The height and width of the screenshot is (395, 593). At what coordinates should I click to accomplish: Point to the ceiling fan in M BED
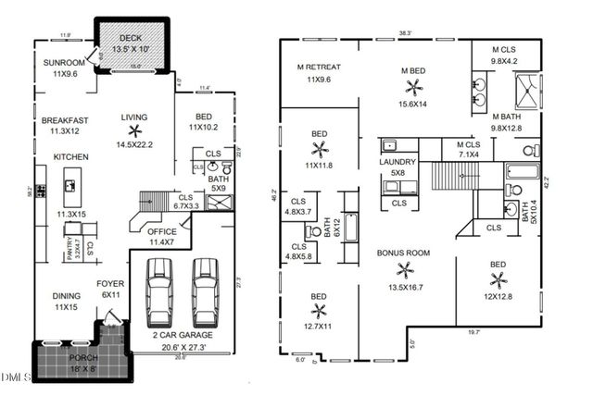(412, 87)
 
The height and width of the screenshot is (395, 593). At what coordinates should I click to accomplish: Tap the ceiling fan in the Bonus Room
(404, 270)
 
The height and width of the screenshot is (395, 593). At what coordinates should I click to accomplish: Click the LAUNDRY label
(398, 162)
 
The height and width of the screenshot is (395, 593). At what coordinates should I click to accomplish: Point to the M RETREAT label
(319, 68)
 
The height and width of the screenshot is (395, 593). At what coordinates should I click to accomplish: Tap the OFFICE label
(162, 231)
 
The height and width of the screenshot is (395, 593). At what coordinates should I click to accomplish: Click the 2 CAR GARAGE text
(183, 335)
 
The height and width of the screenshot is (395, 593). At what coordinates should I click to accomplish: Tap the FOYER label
(111, 284)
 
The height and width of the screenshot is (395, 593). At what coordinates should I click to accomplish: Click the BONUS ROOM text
(403, 252)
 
